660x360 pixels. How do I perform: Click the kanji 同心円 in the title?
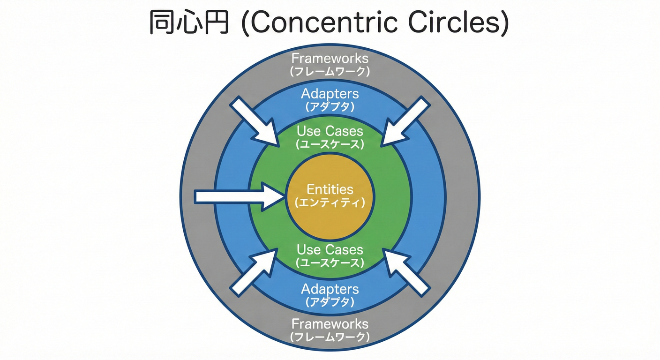(x=188, y=22)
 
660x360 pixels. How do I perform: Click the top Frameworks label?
(x=330, y=59)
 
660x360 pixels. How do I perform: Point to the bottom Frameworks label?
(x=330, y=324)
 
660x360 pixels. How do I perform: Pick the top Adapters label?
(x=330, y=94)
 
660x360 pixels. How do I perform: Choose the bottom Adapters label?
(x=330, y=289)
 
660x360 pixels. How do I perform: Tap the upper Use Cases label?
(x=330, y=131)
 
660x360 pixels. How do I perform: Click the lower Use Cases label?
(x=330, y=249)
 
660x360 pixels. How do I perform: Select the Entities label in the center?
(x=330, y=189)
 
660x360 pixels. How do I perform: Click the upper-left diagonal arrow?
(x=255, y=121)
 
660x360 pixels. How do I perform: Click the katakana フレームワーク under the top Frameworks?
(x=330, y=72)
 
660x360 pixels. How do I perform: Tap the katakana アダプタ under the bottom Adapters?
(x=330, y=302)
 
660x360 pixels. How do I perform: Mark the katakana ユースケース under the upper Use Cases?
(x=330, y=144)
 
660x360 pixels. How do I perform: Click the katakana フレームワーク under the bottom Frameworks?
(x=330, y=337)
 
